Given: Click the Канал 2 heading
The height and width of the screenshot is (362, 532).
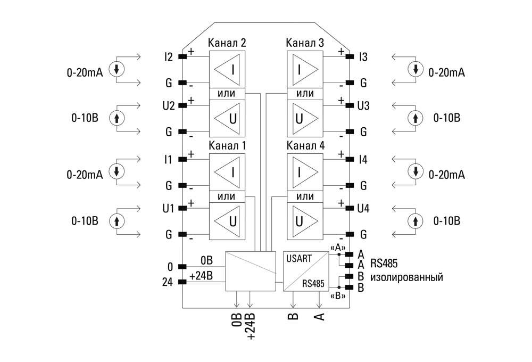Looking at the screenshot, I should (x=227, y=43).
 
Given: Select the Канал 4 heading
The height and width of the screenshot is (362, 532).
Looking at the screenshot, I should (x=305, y=145).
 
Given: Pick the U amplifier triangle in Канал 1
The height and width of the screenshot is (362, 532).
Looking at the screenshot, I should (x=227, y=220).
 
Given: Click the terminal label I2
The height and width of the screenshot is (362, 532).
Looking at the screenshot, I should (x=169, y=56).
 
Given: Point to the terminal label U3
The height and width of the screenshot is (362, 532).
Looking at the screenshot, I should (x=364, y=105).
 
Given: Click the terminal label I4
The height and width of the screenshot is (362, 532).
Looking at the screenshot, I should (x=363, y=159).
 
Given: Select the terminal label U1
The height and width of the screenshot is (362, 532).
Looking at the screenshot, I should (x=169, y=208).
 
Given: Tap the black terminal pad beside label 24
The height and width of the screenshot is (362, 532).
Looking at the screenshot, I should (x=182, y=281).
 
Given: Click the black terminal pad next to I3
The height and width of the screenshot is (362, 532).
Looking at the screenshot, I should (x=350, y=56).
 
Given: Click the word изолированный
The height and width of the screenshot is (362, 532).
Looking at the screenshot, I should (x=407, y=277).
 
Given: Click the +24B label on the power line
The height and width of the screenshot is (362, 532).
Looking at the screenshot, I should (x=201, y=276).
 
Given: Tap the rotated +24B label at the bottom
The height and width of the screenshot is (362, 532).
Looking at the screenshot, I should (x=249, y=325).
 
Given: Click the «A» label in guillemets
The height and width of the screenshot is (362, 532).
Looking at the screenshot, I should (x=338, y=248).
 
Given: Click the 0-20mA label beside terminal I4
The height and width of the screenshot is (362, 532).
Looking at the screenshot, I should (x=447, y=175).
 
